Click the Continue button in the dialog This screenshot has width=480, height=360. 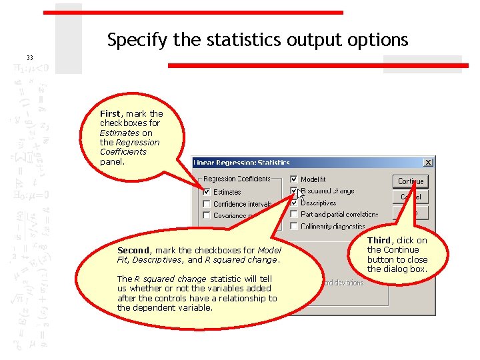(411, 181)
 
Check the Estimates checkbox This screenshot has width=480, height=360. (207, 192)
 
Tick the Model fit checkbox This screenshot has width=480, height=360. (294, 179)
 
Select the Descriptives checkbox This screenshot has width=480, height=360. (294, 203)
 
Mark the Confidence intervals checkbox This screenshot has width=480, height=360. (207, 204)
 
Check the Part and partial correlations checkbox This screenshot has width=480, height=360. (294, 215)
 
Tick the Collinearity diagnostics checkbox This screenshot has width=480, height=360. (294, 227)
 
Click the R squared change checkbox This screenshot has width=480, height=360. (294, 191)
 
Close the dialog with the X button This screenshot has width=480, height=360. (428, 162)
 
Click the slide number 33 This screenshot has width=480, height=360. (29, 57)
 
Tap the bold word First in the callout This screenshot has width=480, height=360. (111, 114)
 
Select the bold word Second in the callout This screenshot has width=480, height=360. (133, 251)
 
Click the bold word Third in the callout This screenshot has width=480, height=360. (379, 241)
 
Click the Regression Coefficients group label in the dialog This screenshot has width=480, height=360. (237, 179)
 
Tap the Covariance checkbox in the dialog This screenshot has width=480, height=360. (207, 215)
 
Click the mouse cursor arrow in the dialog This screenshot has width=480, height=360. (302, 195)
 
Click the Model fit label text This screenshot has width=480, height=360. (313, 179)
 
